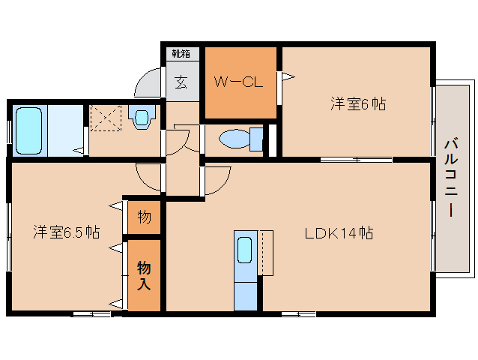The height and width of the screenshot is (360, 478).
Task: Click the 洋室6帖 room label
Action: click(357, 104)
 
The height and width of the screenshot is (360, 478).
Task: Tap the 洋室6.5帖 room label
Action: click(66, 231)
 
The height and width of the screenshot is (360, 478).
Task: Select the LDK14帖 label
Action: click(339, 232)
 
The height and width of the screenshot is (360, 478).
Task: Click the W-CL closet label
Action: click(239, 82)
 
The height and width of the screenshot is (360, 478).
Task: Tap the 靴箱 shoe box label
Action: click(181, 53)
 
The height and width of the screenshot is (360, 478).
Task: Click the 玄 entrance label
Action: click(181, 82)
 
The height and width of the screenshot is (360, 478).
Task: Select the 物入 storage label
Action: click(144, 274)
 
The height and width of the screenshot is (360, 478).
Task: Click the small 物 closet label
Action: click(144, 217)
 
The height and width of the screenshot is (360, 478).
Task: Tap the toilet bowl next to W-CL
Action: click(238, 139)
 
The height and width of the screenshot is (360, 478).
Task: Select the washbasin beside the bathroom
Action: click(142, 115)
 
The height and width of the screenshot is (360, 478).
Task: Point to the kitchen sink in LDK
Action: click(245, 250)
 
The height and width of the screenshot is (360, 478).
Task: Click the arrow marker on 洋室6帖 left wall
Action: click(287, 76)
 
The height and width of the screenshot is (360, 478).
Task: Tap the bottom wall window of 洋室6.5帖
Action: click(91, 313)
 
